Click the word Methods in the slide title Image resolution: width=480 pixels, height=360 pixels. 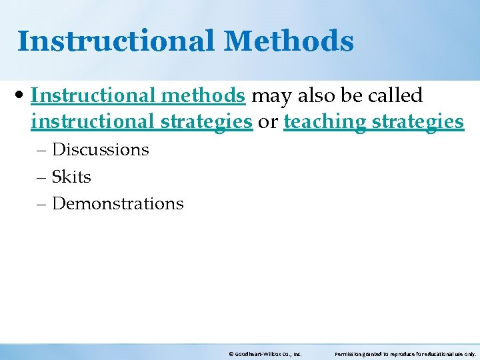click(x=289, y=41)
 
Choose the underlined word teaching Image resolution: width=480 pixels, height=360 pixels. click(x=325, y=122)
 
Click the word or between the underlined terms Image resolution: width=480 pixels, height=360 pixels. click(x=268, y=122)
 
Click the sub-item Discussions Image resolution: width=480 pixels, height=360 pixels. click(x=100, y=149)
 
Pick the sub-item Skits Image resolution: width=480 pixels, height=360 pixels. click(x=71, y=177)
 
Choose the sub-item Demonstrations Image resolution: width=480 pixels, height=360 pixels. click(x=117, y=203)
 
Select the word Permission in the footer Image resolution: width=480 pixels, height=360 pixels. click(x=349, y=355)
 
